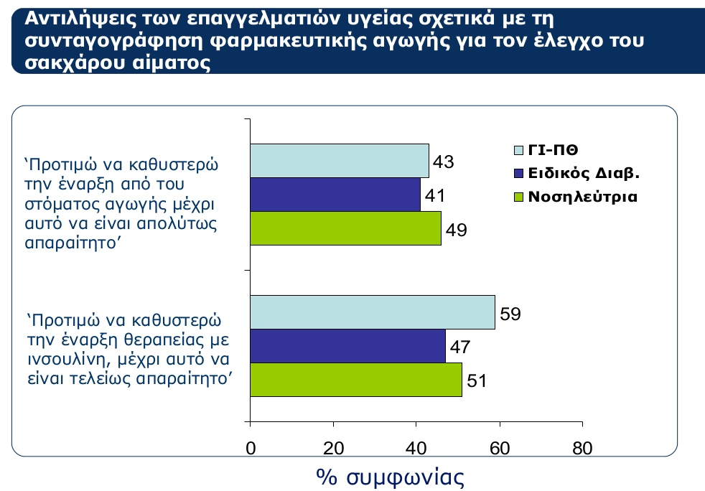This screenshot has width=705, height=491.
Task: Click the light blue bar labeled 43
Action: [340, 161]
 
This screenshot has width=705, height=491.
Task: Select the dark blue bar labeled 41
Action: [335, 195]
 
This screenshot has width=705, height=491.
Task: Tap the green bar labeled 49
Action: [346, 228]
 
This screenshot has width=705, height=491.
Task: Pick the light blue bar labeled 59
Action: [373, 312]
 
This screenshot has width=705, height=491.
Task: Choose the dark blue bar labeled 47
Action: [348, 346]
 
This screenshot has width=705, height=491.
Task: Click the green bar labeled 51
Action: [356, 380]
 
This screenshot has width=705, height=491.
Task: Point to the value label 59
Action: [510, 314]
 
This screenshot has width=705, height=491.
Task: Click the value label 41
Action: [435, 195]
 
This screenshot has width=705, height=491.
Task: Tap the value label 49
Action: [457, 230]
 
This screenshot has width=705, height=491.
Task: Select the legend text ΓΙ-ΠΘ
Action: [553, 150]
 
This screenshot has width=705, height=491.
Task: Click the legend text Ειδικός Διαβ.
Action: [584, 173]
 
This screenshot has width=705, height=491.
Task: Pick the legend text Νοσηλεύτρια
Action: [583, 197]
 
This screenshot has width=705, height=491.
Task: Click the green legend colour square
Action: [519, 197]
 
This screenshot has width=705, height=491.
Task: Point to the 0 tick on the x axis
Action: [251, 448]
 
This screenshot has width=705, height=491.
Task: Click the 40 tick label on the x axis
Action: [416, 448]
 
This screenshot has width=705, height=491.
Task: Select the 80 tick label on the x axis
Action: [582, 448]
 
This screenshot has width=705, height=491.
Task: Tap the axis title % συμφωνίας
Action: [391, 477]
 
